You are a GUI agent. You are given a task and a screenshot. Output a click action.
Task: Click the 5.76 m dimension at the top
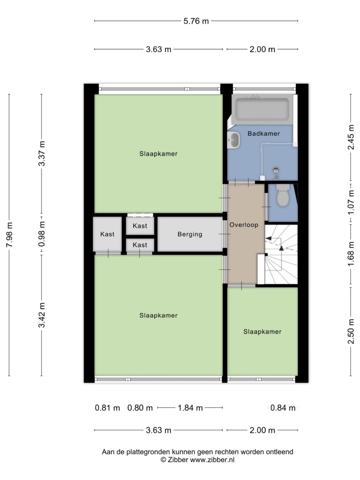click(x=196, y=21)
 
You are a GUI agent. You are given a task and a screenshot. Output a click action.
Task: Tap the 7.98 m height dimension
click(x=10, y=235)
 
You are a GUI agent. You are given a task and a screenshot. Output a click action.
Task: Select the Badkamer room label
click(x=264, y=133)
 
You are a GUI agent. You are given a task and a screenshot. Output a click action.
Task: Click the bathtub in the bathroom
click(x=262, y=109)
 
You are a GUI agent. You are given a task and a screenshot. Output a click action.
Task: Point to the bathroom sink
click(x=234, y=140)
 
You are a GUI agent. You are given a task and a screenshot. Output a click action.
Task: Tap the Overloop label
click(x=244, y=225)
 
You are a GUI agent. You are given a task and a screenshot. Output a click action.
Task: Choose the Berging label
click(x=190, y=234)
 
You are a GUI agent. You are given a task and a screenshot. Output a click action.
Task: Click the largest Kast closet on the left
click(x=107, y=234)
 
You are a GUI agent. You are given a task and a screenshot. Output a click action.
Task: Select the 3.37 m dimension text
click(x=42, y=154)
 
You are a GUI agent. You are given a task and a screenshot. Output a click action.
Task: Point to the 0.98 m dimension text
click(x=42, y=234)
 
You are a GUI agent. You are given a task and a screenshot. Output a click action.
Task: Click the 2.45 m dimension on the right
click(x=351, y=137)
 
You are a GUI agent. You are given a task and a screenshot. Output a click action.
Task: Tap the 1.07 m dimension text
click(x=351, y=202)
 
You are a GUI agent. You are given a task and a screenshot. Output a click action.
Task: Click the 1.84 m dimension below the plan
click(x=190, y=408)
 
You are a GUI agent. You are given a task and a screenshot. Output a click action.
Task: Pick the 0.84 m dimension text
click(x=283, y=408)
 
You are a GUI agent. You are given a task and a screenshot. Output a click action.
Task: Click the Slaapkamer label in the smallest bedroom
click(x=262, y=331)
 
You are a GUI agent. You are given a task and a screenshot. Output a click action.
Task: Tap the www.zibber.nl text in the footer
click(x=212, y=460)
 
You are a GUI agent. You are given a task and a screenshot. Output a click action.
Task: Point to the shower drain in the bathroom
click(x=276, y=170)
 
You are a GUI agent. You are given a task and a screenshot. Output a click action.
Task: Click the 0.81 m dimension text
click(x=107, y=408)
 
